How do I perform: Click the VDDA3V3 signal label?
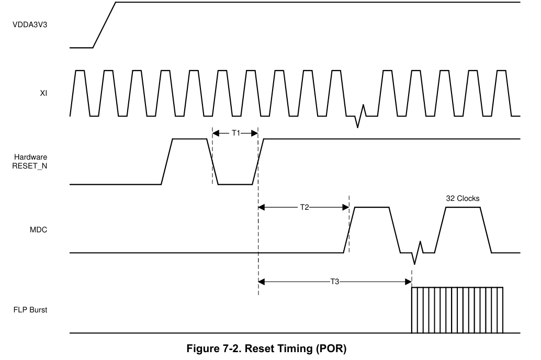(x=30, y=25)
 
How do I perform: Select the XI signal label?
(x=43, y=93)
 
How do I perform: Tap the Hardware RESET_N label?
(x=30, y=162)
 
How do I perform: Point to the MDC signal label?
(x=38, y=230)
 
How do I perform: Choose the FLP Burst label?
(x=30, y=310)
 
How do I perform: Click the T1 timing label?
(x=236, y=133)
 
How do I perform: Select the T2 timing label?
(x=305, y=207)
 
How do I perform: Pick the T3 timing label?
(x=335, y=282)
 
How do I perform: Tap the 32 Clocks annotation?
(x=463, y=198)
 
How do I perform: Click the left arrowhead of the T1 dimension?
(x=216, y=133)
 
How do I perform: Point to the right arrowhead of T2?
(x=346, y=207)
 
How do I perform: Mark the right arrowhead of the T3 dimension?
(x=408, y=282)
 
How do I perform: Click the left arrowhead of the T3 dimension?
(x=262, y=282)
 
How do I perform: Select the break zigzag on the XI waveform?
(x=360, y=116)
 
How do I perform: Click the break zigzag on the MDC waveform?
(x=417, y=253)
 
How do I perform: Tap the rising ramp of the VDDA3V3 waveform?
(x=104, y=25)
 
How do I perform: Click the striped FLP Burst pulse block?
(x=457, y=310)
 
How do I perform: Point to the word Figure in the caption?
(x=202, y=348)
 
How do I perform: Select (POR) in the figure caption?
(x=331, y=348)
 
